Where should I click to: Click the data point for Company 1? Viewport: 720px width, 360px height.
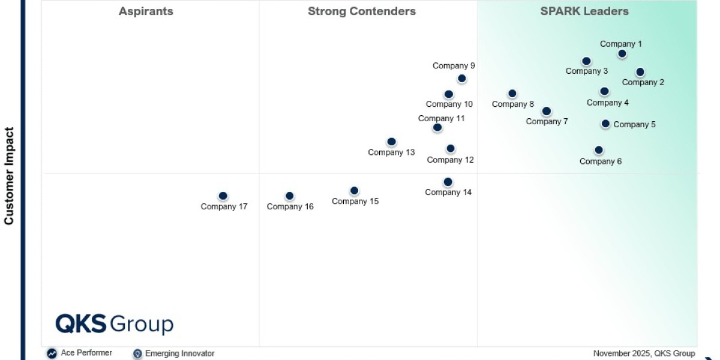click(x=622, y=54)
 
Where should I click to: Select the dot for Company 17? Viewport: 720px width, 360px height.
click(x=223, y=196)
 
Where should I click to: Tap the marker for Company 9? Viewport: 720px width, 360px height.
click(x=462, y=79)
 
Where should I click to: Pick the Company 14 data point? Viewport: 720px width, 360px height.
click(x=448, y=182)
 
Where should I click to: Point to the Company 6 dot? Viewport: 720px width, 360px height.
click(x=599, y=150)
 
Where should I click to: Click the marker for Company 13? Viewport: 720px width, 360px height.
click(x=391, y=142)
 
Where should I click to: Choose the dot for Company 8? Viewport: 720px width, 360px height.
click(x=512, y=94)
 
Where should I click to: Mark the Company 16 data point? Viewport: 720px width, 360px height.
click(x=290, y=196)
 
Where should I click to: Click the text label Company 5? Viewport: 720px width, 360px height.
click(x=634, y=125)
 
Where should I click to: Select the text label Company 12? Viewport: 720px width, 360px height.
click(x=451, y=160)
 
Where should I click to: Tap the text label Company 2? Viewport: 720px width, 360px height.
click(x=643, y=83)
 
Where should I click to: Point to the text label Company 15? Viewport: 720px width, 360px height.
click(x=355, y=202)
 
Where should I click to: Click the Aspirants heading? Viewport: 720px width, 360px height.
click(x=146, y=11)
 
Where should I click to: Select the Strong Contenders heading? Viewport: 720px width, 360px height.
click(x=362, y=11)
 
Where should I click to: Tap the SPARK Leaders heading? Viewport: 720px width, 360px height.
click(x=584, y=11)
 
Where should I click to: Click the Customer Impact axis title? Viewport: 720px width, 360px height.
click(x=9, y=175)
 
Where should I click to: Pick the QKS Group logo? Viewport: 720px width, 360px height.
click(x=115, y=324)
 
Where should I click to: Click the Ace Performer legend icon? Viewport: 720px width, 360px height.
click(x=52, y=353)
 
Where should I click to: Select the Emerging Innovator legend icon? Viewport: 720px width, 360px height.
click(x=137, y=353)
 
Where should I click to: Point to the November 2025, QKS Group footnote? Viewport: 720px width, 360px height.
click(x=644, y=353)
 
